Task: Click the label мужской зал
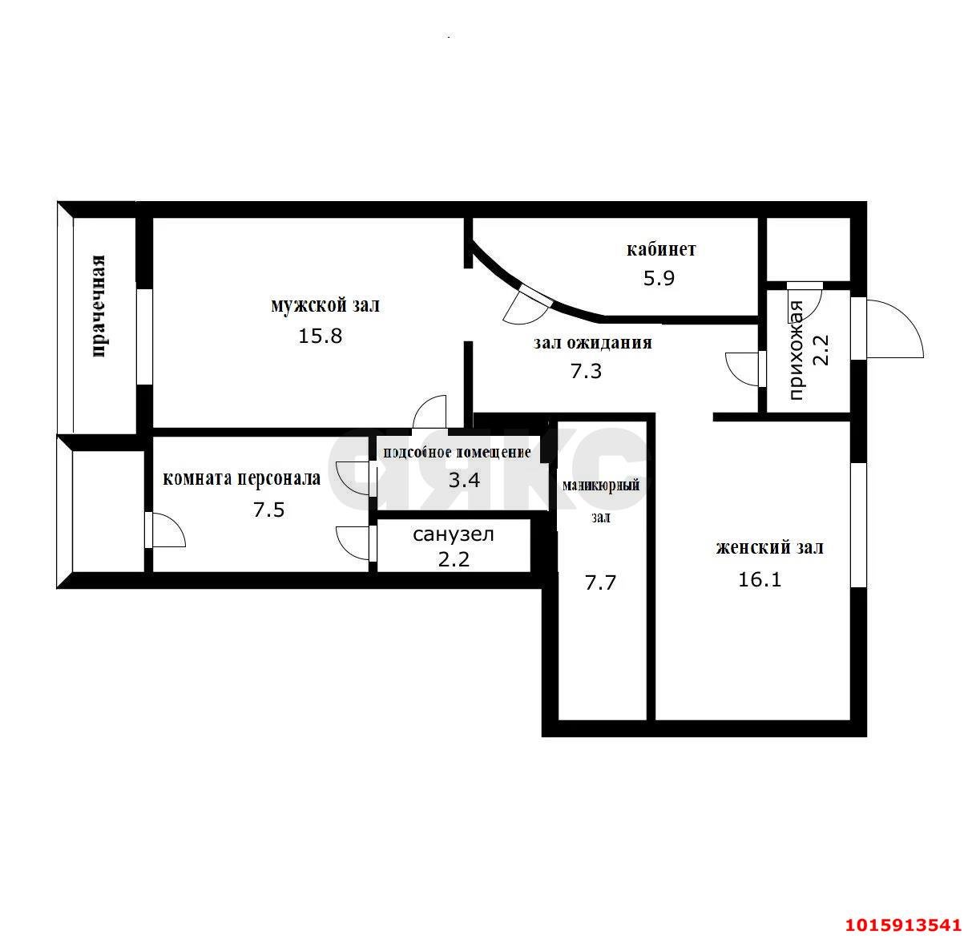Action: [325, 305]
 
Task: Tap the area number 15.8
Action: [321, 336]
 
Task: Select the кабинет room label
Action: [661, 249]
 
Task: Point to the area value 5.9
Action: [659, 278]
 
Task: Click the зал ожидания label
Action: [593, 343]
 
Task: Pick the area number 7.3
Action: [586, 372]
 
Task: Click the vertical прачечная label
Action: [99, 306]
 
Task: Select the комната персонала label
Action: [242, 478]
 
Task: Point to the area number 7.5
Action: [269, 510]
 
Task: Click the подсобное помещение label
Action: [457, 452]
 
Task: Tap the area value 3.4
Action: [464, 481]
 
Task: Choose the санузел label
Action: [454, 534]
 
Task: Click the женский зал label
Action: [770, 546]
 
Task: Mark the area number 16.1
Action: [760, 579]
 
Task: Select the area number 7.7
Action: [600, 582]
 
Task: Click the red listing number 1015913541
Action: [903, 925]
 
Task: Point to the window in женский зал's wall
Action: [858, 524]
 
